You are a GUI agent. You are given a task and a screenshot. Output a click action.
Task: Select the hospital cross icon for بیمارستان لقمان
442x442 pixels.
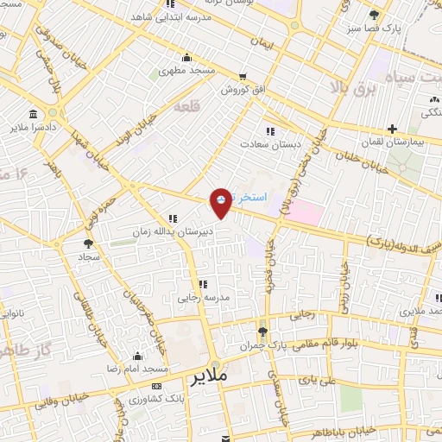[392, 129]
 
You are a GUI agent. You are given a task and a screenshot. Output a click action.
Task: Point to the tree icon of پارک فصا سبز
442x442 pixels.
[374, 15]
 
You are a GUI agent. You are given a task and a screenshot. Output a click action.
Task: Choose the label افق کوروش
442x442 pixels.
[239, 89]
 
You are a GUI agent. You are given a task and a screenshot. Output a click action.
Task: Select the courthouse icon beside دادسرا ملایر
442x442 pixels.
[33, 116]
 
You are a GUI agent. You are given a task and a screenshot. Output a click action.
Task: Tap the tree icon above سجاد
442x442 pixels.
[89, 244]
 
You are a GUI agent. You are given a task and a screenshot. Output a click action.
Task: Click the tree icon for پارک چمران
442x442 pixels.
[263, 331]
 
